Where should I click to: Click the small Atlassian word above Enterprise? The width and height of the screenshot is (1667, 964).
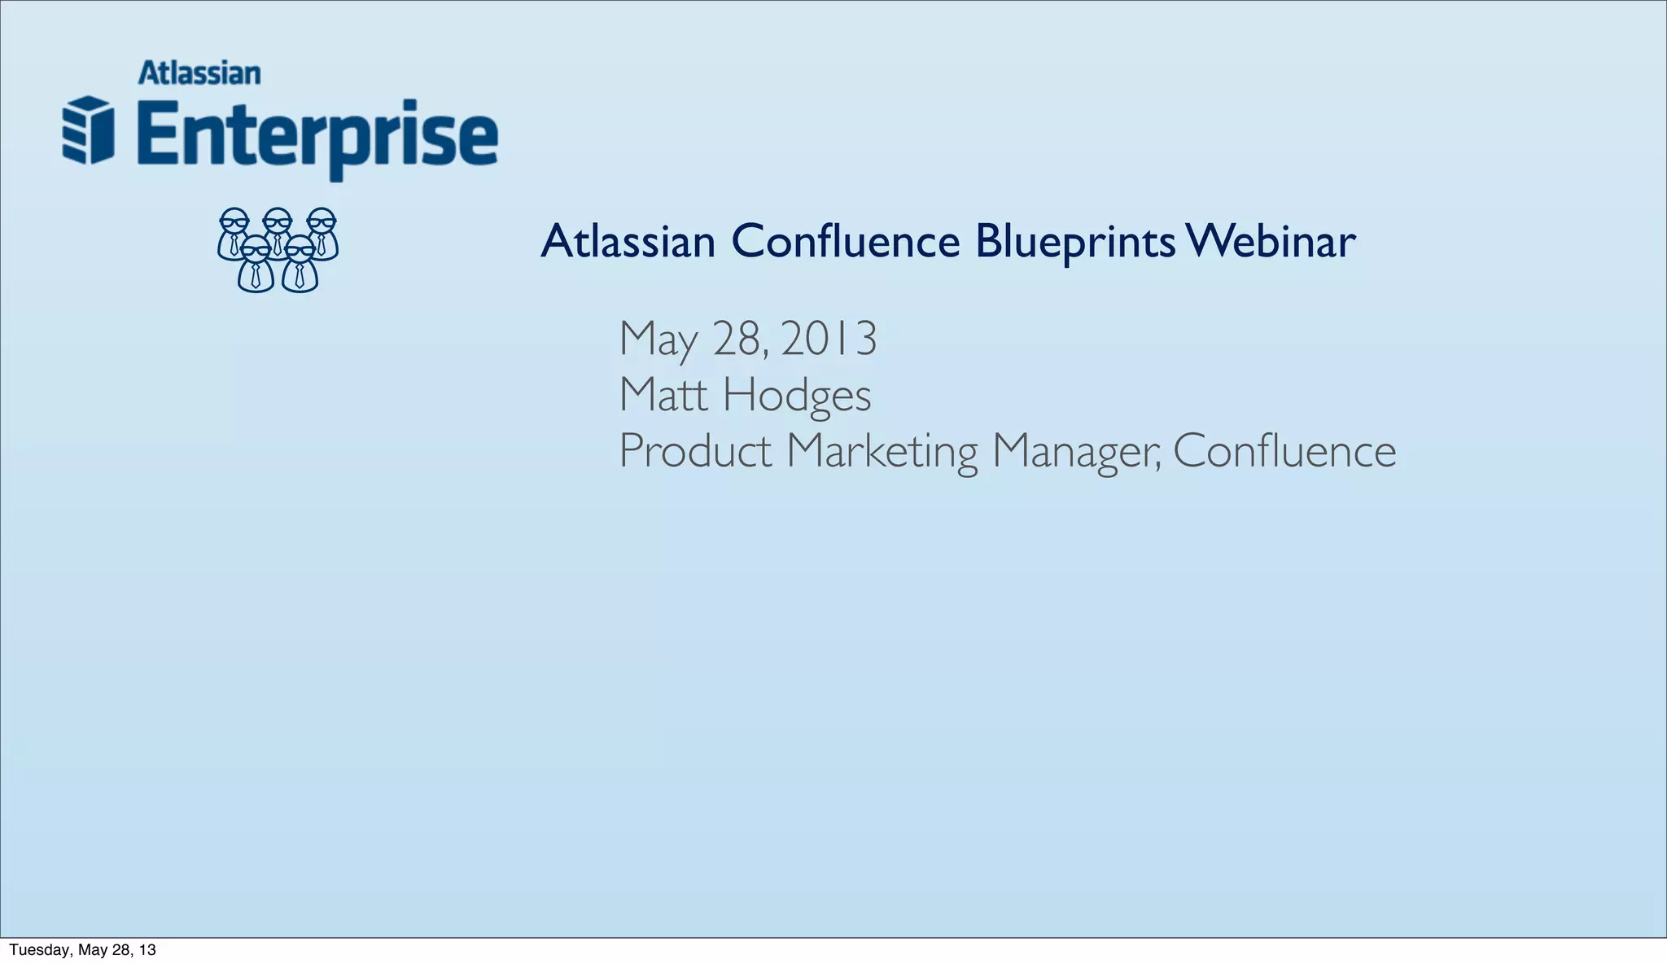pos(199,73)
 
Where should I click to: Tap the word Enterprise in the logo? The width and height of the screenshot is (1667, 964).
pos(317,134)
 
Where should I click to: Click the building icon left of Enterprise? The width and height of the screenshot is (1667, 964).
pos(88,130)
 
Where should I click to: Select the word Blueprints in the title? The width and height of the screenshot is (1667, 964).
pos(1074,242)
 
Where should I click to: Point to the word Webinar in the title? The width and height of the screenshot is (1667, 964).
pos(1271,242)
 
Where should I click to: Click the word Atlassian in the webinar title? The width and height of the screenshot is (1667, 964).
pos(628,242)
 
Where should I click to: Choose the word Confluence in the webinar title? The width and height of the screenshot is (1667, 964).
pos(846,242)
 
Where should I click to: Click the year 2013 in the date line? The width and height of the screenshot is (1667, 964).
pos(829,339)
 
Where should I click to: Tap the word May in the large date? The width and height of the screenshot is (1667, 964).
pos(658,340)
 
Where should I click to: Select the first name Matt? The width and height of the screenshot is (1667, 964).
pos(663,395)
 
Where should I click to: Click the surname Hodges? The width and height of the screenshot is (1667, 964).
pos(797,397)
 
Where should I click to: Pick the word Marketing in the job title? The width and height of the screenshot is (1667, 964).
pos(882,452)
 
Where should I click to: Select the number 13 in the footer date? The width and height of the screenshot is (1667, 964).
pos(147,950)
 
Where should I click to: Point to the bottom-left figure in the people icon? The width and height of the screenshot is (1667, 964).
pos(256,265)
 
